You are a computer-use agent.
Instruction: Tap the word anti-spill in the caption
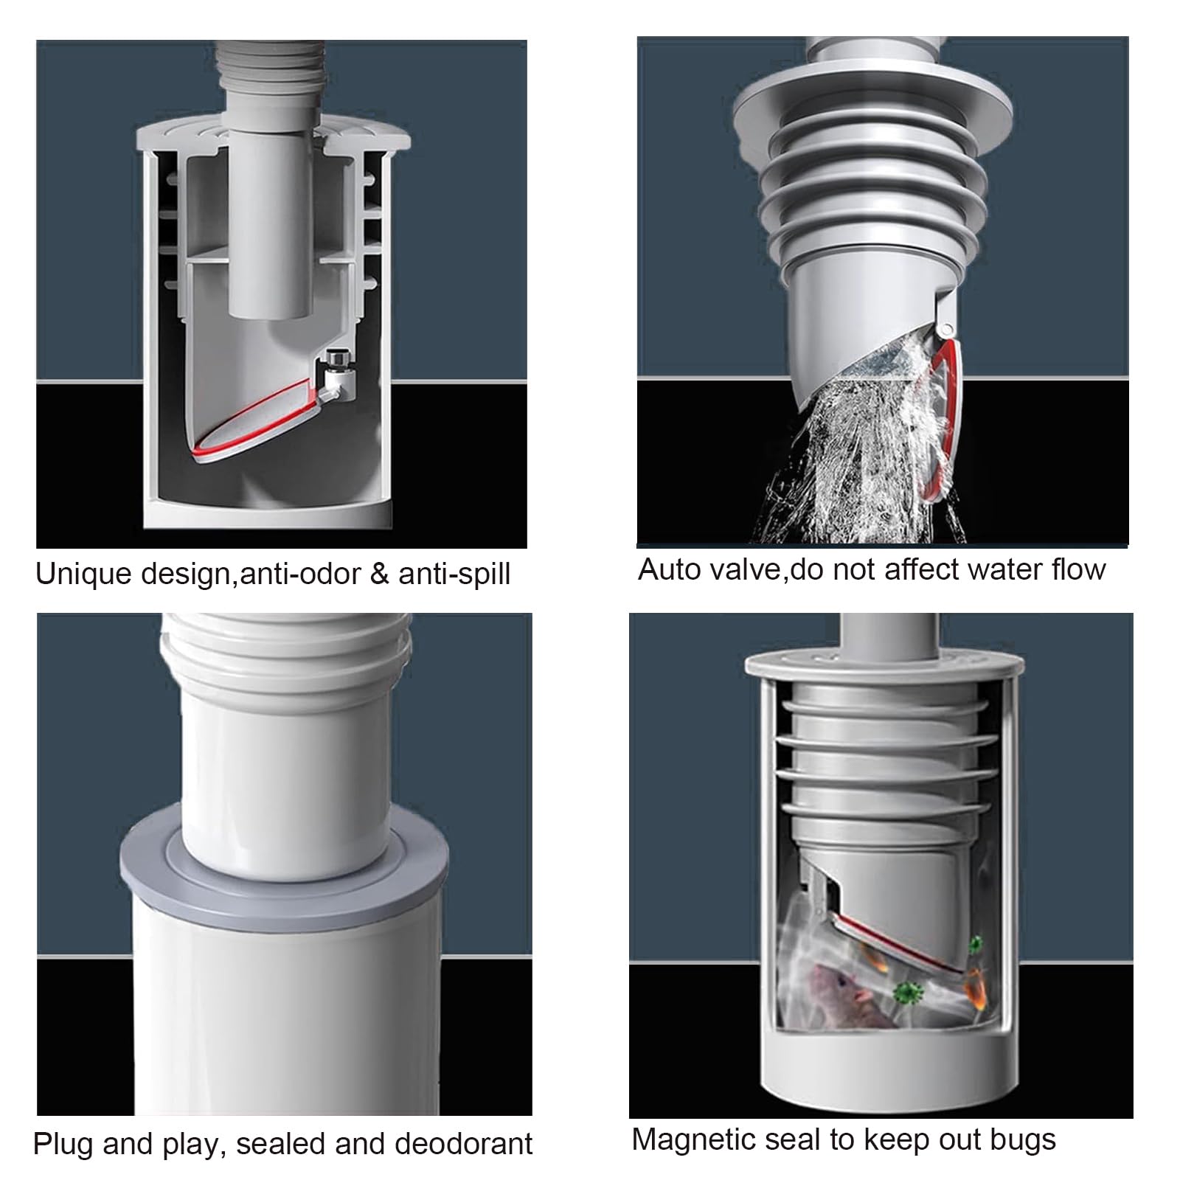click(x=454, y=574)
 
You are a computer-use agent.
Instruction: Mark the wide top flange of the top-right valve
click(x=874, y=107)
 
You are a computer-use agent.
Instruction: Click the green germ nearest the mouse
click(x=908, y=992)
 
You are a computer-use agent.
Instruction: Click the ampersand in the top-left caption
click(x=379, y=574)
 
